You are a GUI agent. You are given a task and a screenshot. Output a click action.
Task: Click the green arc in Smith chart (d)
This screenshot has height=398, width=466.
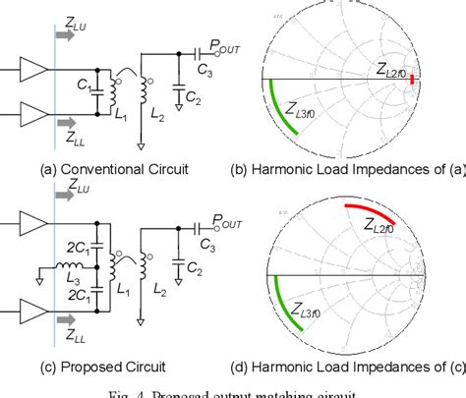[286, 314]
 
